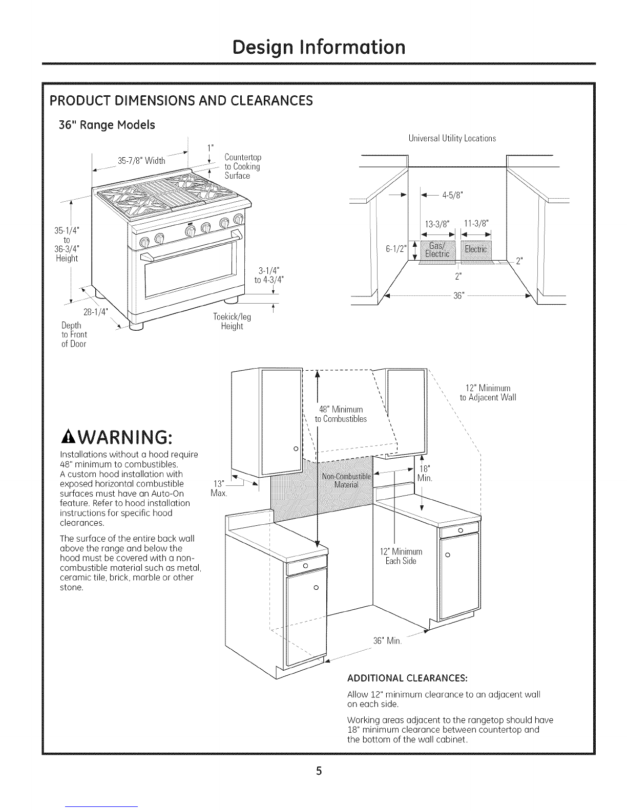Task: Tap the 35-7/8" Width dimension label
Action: click(141, 161)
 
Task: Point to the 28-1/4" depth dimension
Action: click(95, 312)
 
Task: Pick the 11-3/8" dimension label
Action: click(476, 223)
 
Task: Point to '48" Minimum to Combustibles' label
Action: click(341, 414)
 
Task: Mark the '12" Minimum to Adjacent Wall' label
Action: click(484, 393)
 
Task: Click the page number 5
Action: click(318, 771)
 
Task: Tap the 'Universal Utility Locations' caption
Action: click(452, 138)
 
